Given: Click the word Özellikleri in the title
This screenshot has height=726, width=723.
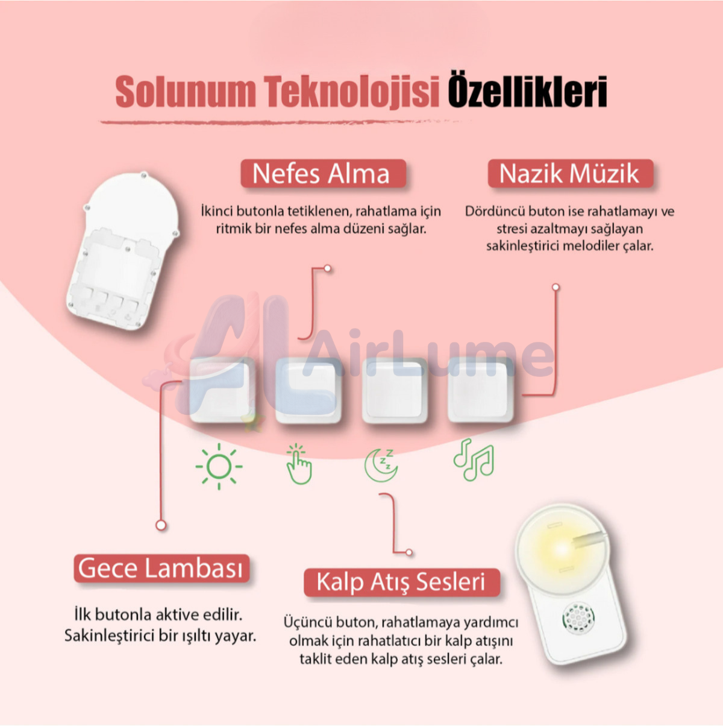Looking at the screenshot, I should pyautogui.click(x=527, y=92).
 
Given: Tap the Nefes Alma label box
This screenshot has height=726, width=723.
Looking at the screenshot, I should pyautogui.click(x=322, y=174).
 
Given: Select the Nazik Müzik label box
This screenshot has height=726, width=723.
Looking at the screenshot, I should pyautogui.click(x=570, y=174).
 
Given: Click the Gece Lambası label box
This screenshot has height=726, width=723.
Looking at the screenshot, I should pyautogui.click(x=161, y=569).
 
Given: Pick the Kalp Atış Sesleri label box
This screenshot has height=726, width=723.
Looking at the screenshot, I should pyautogui.click(x=401, y=582).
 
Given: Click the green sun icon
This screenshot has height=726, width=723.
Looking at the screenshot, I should pyautogui.click(x=219, y=466).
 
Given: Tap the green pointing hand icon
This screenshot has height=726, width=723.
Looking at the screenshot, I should pyautogui.click(x=299, y=464).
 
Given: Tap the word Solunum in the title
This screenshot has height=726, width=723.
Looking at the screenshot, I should pyautogui.click(x=186, y=92).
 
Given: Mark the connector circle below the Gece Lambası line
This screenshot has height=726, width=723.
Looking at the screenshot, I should pyautogui.click(x=161, y=525).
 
